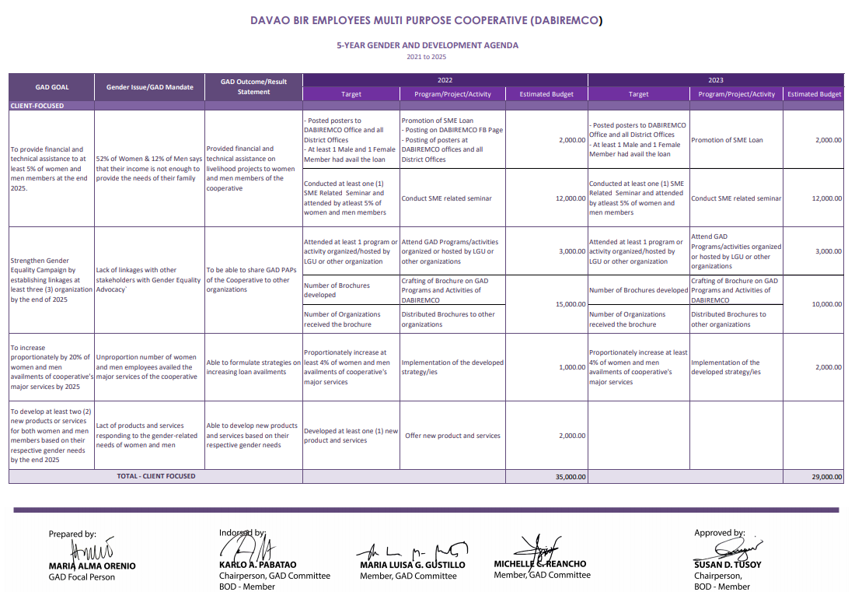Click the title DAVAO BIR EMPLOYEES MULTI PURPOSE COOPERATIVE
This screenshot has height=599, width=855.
(427, 20)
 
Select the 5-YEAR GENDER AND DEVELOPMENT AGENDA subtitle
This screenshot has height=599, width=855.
(427, 45)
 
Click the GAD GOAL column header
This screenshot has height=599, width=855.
(51, 87)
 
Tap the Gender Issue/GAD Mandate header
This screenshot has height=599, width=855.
(149, 87)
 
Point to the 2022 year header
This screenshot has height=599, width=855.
(445, 80)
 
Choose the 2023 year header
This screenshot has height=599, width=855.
(715, 80)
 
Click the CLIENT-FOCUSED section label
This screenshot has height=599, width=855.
(37, 105)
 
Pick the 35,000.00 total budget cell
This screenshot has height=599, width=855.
(571, 477)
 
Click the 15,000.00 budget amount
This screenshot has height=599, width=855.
(571, 304)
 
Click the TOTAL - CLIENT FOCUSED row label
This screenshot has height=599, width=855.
(155, 476)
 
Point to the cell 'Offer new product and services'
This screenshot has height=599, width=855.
(452, 436)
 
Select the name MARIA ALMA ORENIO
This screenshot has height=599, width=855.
(92, 566)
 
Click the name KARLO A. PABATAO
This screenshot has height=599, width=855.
(257, 565)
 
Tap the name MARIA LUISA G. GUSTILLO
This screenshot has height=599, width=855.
(412, 565)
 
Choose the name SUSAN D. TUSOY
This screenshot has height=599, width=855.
(728, 565)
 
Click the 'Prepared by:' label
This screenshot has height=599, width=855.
(72, 534)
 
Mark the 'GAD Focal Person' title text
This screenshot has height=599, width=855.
(82, 577)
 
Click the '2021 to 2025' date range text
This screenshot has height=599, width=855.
(427, 57)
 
